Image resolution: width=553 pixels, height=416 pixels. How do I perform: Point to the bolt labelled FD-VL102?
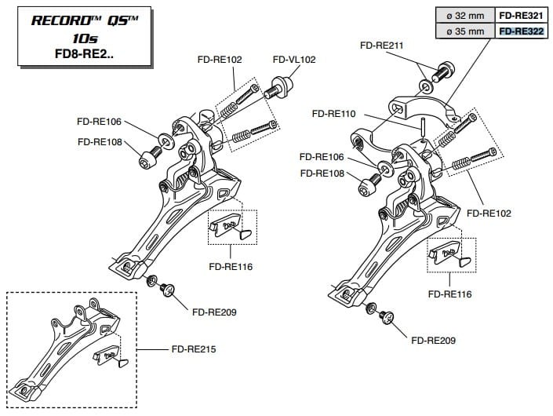(x=284, y=86)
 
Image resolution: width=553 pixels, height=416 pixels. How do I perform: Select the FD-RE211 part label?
(x=382, y=46)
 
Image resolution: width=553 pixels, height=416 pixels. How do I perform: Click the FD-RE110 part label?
(x=333, y=114)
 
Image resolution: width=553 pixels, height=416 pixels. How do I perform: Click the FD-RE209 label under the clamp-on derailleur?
(x=433, y=341)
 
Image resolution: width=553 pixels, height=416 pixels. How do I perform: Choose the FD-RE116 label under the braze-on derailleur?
(x=231, y=267)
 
